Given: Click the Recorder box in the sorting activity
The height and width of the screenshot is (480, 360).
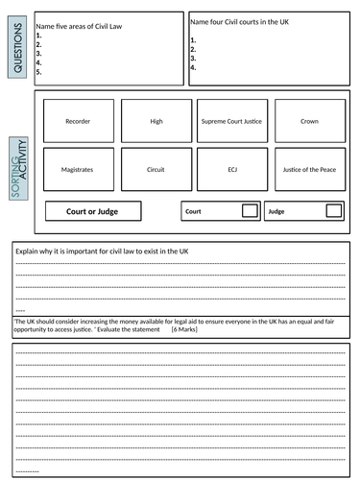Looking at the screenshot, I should pos(78,122).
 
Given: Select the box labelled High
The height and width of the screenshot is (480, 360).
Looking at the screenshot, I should pos(156,122).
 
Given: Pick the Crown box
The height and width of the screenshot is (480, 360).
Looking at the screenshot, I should pos(310,122).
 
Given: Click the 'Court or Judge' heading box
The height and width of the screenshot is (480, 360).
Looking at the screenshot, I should pos(94,210).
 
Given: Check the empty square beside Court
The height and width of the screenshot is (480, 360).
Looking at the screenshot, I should pos(250,210).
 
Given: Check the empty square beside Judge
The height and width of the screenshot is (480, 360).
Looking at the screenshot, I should pos(331,210).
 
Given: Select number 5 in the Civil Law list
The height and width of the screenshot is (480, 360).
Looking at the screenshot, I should pos(38,72).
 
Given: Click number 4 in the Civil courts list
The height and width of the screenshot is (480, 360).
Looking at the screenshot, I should pos(193,68).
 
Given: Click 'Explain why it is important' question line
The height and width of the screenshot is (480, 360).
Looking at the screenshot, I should pos(96,251).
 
